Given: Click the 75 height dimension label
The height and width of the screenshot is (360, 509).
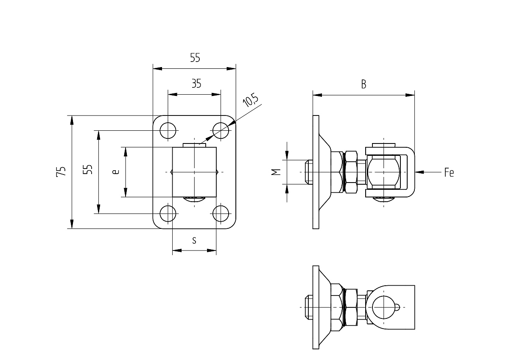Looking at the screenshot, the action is (61, 172).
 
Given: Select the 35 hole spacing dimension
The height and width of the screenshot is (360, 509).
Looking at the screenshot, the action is (196, 84).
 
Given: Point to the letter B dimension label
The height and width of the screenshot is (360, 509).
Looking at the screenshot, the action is (364, 84).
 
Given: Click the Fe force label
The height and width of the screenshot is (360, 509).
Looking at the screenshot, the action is (449, 172).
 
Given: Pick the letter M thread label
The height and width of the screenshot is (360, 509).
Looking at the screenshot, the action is (276, 172).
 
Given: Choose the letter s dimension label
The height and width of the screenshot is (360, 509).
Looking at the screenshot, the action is (194, 240).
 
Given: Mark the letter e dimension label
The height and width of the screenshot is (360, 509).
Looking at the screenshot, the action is (116, 172).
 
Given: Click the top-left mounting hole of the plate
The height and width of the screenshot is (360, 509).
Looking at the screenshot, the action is (168, 130).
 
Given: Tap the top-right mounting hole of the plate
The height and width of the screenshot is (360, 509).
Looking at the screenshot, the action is (221, 130).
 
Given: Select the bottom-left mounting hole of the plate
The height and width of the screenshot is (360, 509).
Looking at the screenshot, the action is (168, 214).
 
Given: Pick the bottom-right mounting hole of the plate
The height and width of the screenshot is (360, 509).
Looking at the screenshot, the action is (221, 214).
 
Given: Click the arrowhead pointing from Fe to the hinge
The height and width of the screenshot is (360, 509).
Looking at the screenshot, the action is (420, 172).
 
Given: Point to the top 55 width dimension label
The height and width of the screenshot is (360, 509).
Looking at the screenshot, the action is (195, 58).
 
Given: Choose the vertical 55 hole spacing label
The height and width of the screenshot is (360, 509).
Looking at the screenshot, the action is (88, 169).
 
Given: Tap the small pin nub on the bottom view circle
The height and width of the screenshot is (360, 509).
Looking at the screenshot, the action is (397, 307).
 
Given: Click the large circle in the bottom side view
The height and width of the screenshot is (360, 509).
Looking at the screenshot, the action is (384, 307).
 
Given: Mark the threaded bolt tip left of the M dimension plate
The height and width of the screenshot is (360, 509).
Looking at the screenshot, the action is (309, 172).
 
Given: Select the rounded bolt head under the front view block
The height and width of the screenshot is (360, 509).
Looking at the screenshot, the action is (194, 199).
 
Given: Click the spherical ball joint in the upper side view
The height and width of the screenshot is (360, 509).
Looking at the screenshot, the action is (383, 172).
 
